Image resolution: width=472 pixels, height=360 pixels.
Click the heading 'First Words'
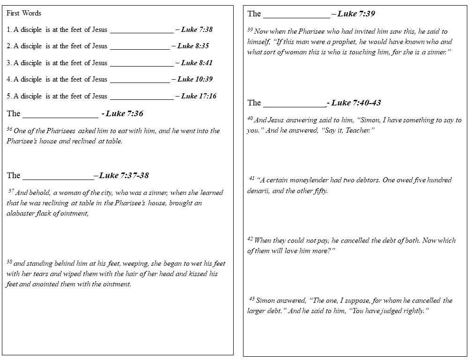[24, 13]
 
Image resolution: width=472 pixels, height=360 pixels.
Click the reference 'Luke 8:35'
[193, 46]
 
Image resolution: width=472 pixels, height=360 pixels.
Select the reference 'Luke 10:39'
[195, 79]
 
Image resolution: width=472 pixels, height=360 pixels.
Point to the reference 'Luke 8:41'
[197, 63]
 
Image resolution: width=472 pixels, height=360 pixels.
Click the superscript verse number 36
[9, 129]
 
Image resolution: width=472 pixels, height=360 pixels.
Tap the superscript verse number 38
[9, 262]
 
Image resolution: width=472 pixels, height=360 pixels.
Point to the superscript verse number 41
[252, 178]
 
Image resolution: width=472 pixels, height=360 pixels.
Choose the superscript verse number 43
[252, 299]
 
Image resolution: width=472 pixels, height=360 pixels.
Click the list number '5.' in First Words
[9, 96]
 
